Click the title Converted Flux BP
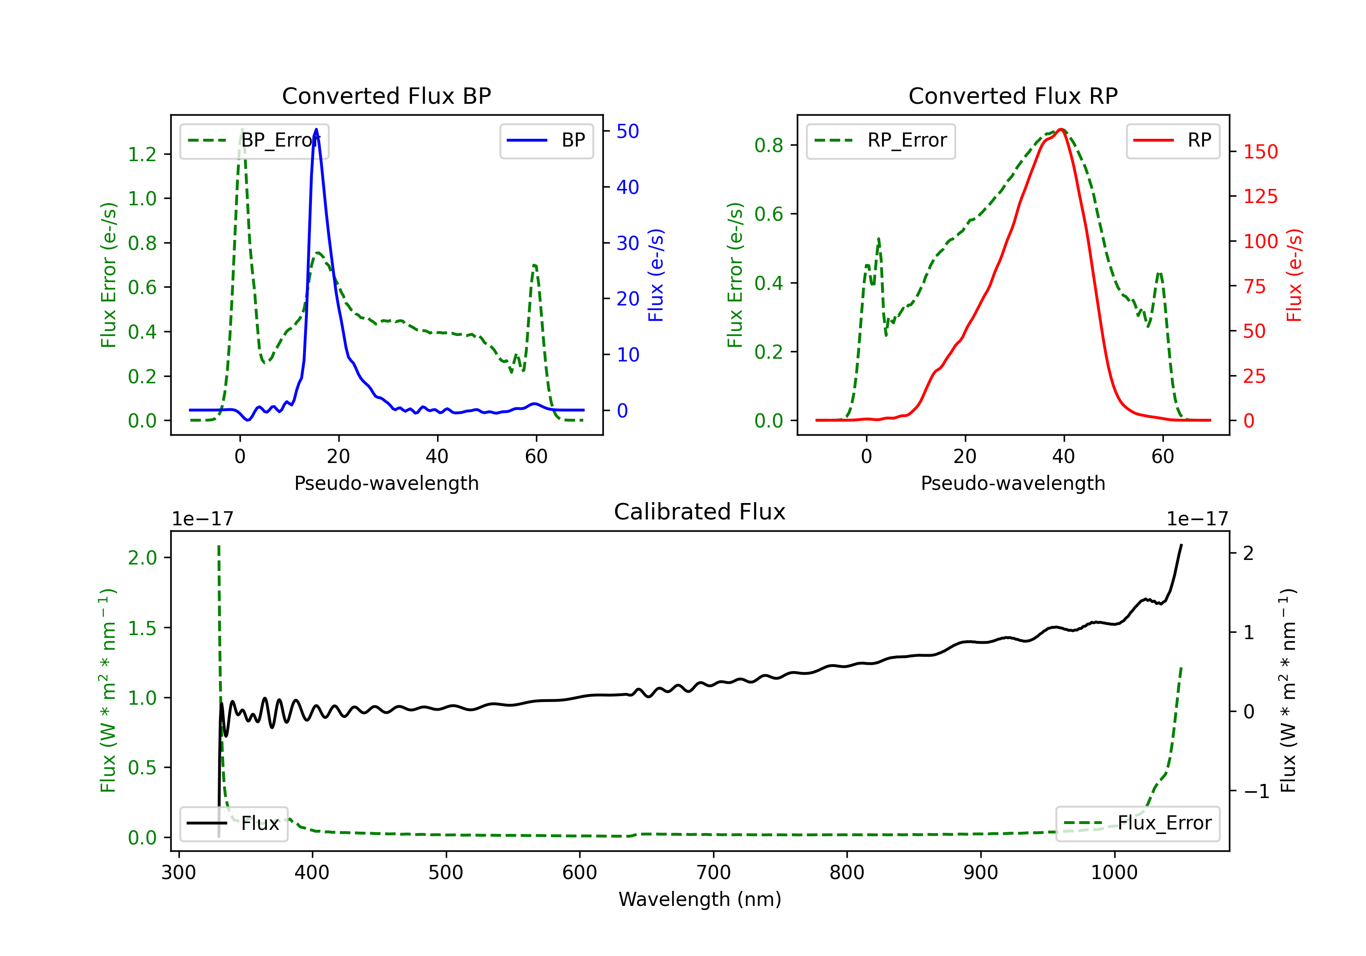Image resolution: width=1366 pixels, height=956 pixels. coord(386,96)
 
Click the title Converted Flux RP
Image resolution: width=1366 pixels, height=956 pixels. coord(1013,96)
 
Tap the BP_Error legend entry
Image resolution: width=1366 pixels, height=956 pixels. coord(255,140)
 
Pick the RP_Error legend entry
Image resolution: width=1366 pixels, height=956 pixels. coord(881,140)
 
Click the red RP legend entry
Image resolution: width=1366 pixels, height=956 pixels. coord(1172,140)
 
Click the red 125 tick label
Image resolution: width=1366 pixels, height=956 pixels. coord(1260,196)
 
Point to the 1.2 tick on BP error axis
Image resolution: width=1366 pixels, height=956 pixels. coord(142,154)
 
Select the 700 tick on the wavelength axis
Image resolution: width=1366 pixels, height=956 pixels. coord(713,872)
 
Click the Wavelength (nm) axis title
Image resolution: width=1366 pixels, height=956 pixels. coord(700,899)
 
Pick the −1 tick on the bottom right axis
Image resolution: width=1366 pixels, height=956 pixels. coord(1256,791)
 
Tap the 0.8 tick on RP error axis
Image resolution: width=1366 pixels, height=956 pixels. coord(769,145)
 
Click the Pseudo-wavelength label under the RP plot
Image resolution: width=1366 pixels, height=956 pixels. coord(1013,483)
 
